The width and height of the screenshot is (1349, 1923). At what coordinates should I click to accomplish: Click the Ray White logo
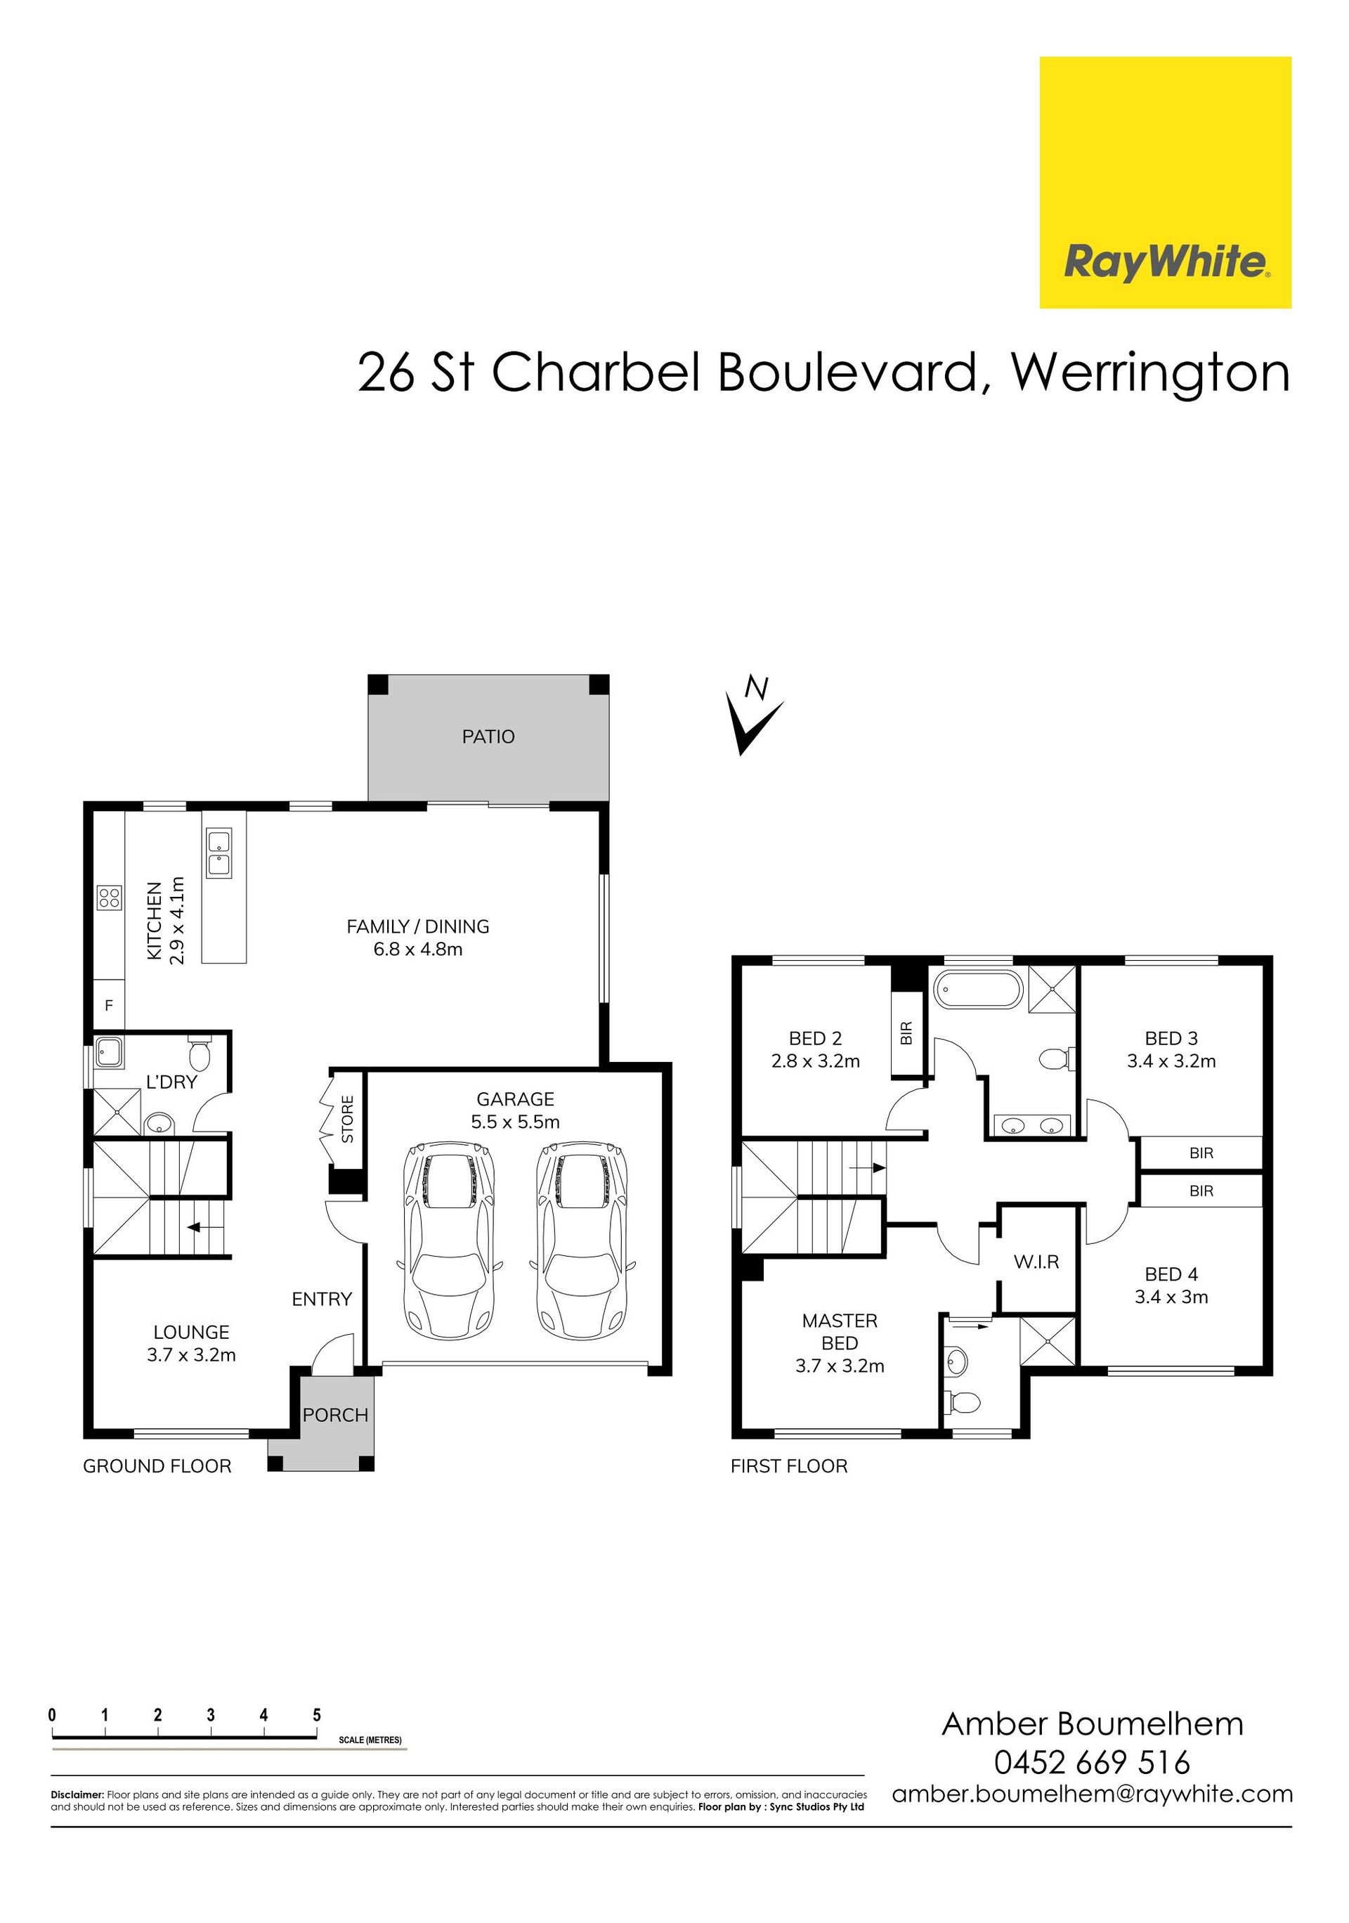[x=1165, y=183]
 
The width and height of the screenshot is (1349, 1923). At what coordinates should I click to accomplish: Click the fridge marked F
[x=109, y=1006]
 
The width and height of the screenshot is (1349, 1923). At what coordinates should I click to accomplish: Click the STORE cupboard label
[x=348, y=1119]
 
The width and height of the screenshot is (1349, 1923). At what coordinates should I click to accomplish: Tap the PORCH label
[x=335, y=1415]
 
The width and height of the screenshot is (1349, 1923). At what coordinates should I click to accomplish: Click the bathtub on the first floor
[x=978, y=990]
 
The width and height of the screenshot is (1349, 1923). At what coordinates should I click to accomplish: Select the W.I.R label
[x=1036, y=1262]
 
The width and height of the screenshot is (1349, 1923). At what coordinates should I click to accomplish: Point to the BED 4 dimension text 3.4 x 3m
[x=1171, y=1297]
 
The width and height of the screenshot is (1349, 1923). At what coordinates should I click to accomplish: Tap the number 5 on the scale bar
[x=317, y=1714]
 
